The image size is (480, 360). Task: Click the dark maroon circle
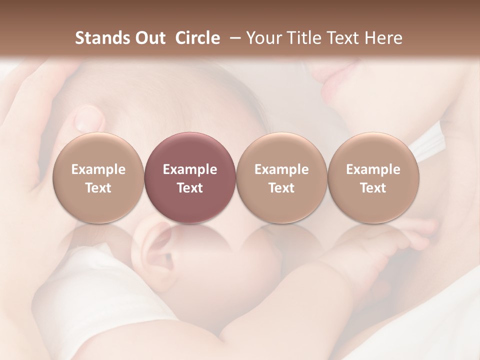coord(189,178)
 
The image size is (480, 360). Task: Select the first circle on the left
coord(98,178)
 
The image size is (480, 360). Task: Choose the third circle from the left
coord(281,178)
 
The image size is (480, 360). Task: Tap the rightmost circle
coord(373,178)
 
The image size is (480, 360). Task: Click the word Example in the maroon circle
coord(189,169)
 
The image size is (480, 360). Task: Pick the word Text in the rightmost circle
coord(373,188)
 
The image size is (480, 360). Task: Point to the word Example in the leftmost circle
coord(98,169)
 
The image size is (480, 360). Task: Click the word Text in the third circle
coord(281,188)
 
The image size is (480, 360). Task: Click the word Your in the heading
coord(263,38)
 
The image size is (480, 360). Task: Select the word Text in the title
coord(344,38)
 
